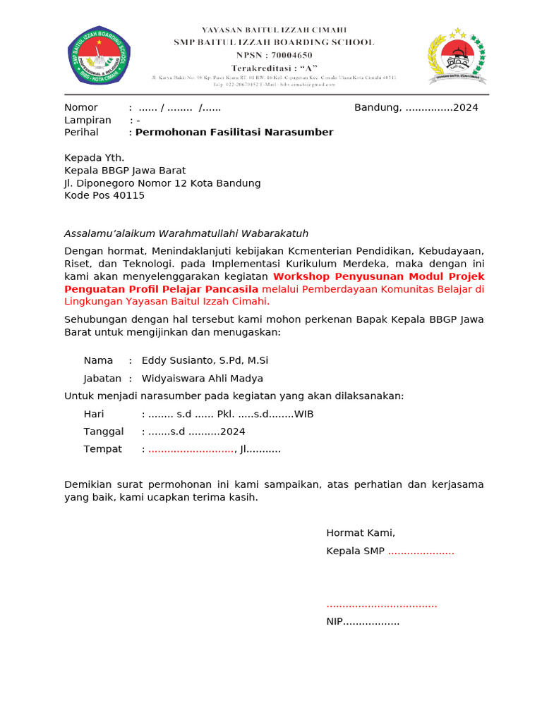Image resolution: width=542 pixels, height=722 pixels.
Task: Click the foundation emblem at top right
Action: pyautogui.click(x=457, y=56)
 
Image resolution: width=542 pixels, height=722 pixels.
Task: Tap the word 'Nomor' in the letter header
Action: pyautogui.click(x=81, y=108)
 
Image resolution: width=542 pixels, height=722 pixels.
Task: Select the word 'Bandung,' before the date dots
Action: pyautogui.click(x=378, y=108)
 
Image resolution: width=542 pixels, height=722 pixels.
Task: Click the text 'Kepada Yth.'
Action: pyautogui.click(x=95, y=158)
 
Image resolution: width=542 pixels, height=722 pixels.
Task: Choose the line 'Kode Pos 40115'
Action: pyautogui.click(x=104, y=196)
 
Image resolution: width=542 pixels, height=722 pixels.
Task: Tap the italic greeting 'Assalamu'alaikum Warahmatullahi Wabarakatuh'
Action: pyautogui.click(x=186, y=233)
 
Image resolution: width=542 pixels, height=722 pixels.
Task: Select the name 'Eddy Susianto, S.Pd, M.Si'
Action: pyautogui.click(x=205, y=361)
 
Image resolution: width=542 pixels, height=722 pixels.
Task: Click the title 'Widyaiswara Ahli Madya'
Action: pyautogui.click(x=203, y=379)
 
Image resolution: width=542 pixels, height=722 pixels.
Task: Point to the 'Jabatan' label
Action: pyautogui.click(x=102, y=379)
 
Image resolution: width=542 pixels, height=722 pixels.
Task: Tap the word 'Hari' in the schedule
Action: pyautogui.click(x=94, y=415)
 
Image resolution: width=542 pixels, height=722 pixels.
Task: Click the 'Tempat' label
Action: pyautogui.click(x=103, y=449)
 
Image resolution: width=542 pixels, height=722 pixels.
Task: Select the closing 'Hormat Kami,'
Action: pyautogui.click(x=361, y=533)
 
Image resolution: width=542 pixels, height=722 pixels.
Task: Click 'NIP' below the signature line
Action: pyautogui.click(x=334, y=622)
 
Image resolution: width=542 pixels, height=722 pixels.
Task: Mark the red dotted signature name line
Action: pyautogui.click(x=382, y=604)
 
